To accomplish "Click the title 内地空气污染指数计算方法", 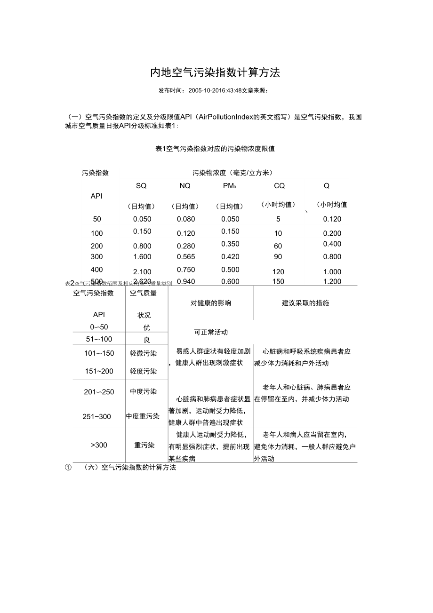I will tap(215, 72).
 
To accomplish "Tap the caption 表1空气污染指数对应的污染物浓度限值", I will tap(215, 149).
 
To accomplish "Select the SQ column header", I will tap(141, 186).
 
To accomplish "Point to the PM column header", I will tap(229, 186).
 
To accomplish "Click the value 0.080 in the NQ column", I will tap(185, 219).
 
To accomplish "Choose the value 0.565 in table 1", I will tap(185, 256).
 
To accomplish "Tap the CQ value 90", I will tap(278, 256).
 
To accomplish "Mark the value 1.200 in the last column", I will tap(332, 282).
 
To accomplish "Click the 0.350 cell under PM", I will tap(230, 244).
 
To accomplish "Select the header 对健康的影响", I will tap(211, 303).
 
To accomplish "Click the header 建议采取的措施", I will tap(305, 303).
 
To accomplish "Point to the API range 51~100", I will tap(99, 339).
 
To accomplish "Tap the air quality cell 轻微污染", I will tap(144, 353).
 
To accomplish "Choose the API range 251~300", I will tap(97, 416).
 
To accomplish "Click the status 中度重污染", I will tap(143, 416).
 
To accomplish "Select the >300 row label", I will tap(99, 445).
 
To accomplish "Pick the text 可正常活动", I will tap(211, 332).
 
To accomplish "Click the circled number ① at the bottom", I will tap(68, 468).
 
